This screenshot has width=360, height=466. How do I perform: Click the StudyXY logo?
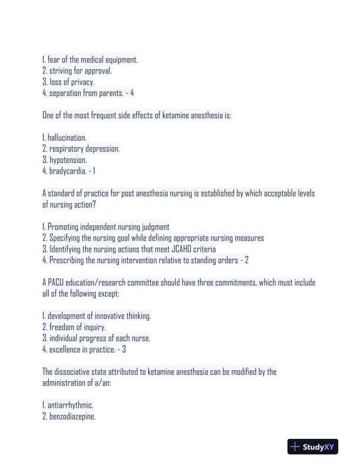coord(312,447)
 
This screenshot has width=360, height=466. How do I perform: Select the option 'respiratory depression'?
coord(83,149)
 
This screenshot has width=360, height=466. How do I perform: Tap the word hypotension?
coord(67,160)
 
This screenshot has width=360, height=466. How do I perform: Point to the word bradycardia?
coord(68,171)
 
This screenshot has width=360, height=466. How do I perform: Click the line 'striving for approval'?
coord(79,71)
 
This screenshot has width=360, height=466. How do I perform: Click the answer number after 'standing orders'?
coord(246,260)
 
